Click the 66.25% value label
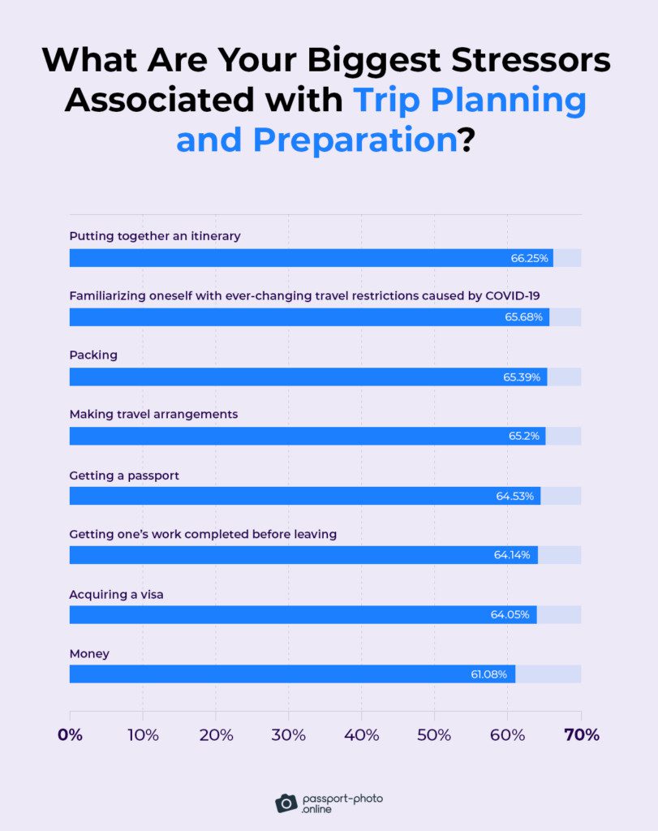pyautogui.click(x=526, y=258)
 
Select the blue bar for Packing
pyautogui.click(x=308, y=377)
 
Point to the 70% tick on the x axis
pyautogui.click(x=581, y=735)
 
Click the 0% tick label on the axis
pyautogui.click(x=70, y=735)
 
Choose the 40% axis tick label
pyautogui.click(x=362, y=735)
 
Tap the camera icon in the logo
pyautogui.click(x=286, y=803)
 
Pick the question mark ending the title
pyautogui.click(x=467, y=140)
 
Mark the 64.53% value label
pyautogui.click(x=515, y=496)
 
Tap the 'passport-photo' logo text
pyautogui.click(x=342, y=799)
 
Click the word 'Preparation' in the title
pyautogui.click(x=355, y=140)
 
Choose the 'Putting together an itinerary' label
pyautogui.click(x=155, y=236)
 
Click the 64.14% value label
pyautogui.click(x=512, y=555)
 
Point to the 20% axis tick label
pyautogui.click(x=216, y=735)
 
